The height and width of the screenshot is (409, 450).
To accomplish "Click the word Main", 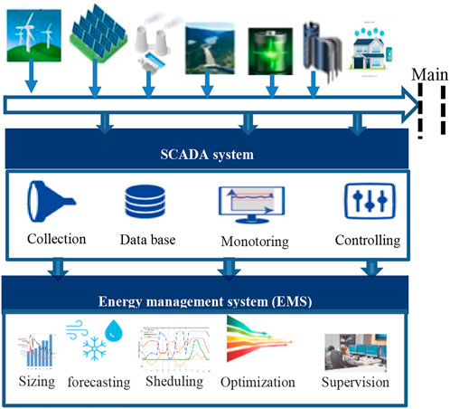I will [x=427, y=75].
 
